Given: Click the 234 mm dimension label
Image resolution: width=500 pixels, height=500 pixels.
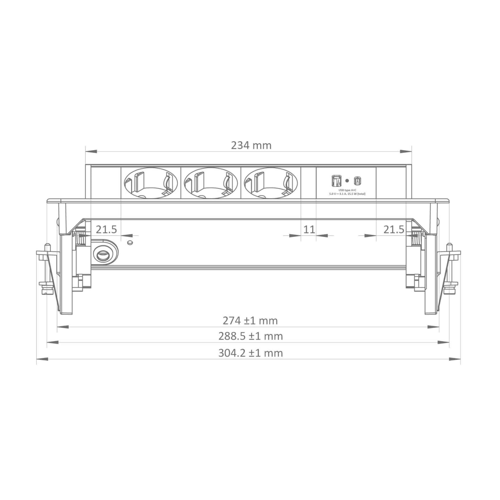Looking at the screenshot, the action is point(251,146).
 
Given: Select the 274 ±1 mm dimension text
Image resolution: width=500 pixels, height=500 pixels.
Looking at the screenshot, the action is point(250,321).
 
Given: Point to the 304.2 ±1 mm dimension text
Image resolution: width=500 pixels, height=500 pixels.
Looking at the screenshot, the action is point(251,353).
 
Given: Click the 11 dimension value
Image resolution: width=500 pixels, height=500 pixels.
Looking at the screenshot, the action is point(309,229).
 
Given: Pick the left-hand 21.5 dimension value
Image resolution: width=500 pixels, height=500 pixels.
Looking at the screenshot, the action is point(106,229).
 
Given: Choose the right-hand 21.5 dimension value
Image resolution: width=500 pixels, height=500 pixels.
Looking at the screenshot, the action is point(394,229).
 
